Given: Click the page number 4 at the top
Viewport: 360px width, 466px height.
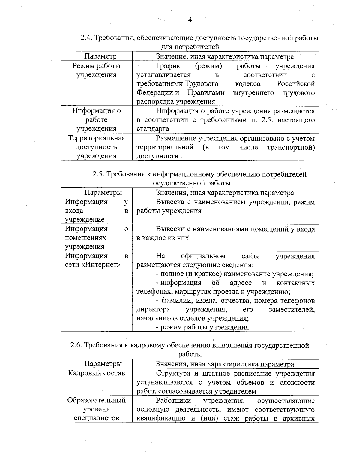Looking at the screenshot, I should (190, 20).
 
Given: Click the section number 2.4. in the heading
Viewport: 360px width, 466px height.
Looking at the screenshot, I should (87, 38).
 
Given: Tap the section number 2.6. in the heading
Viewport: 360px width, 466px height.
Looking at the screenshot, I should (77, 345).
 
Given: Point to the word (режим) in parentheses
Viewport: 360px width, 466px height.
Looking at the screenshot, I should (208, 66).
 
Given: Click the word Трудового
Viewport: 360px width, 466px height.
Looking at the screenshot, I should (201, 83).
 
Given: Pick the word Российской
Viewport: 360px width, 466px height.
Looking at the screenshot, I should (295, 83).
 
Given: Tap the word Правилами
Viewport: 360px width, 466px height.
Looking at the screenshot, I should (206, 92).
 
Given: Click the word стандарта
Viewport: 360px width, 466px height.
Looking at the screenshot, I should (153, 129).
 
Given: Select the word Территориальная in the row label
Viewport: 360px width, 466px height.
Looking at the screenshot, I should (97, 138).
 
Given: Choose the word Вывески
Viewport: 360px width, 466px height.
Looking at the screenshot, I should (169, 229).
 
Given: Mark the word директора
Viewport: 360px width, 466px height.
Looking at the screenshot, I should (153, 309).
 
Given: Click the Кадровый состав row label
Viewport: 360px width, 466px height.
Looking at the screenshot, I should (96, 373).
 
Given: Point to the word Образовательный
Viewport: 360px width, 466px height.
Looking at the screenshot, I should (96, 400).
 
